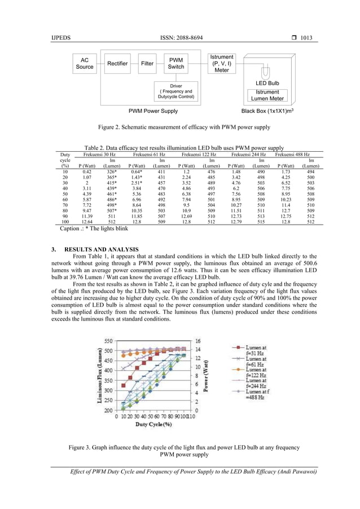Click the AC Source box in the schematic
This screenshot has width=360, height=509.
pyautogui.click(x=85, y=63)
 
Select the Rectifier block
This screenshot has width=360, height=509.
pyautogui.click(x=117, y=64)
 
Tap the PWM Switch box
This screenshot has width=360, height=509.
pyautogui.click(x=176, y=63)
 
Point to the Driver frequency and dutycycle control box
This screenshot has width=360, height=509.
pyautogui.click(x=176, y=91)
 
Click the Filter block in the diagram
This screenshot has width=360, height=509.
pyautogui.click(x=147, y=64)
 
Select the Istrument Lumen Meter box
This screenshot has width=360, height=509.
pyautogui.click(x=267, y=95)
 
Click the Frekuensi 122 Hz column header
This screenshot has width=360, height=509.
pyautogui.click(x=199, y=154)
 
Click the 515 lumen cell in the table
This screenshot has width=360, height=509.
pyautogui.click(x=261, y=222)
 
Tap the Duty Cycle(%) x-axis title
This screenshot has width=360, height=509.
pyautogui.click(x=152, y=424)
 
